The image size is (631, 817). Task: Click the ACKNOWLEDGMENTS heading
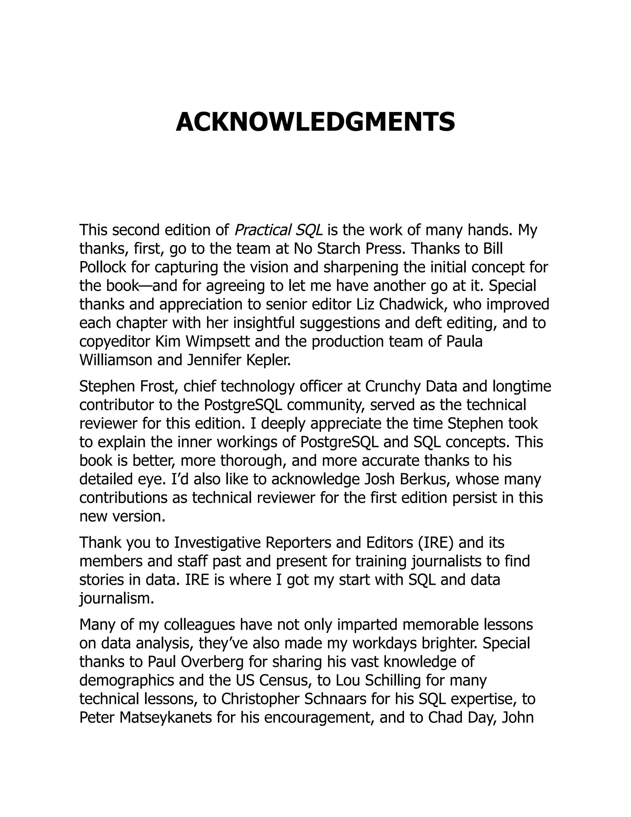[x=315, y=122]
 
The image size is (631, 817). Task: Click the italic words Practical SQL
[x=278, y=230]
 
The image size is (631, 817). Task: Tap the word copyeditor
[x=114, y=342]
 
